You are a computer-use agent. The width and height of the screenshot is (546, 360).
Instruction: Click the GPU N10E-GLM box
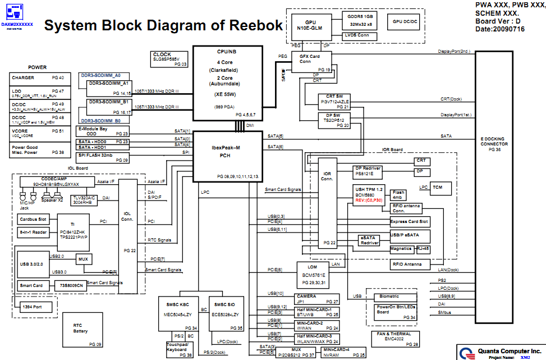point(310,23)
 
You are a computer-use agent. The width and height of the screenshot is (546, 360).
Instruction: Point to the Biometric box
point(389,296)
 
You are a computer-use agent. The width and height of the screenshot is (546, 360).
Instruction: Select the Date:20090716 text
point(502,29)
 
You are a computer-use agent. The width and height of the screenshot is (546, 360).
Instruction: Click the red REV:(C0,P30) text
point(369,200)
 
